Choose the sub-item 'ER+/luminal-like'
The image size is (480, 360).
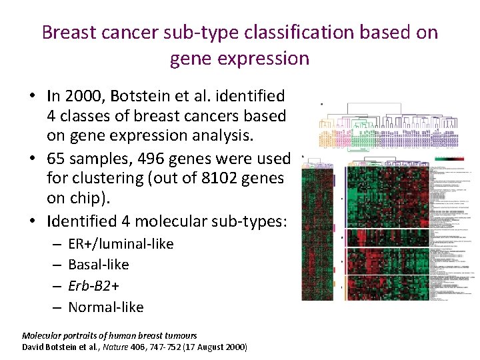click(x=121, y=244)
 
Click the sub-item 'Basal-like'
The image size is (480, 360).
click(x=99, y=265)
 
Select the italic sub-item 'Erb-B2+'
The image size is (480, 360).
click(x=94, y=286)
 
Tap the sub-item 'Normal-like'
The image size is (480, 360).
click(x=106, y=307)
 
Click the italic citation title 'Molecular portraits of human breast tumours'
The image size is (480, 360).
click(x=109, y=335)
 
